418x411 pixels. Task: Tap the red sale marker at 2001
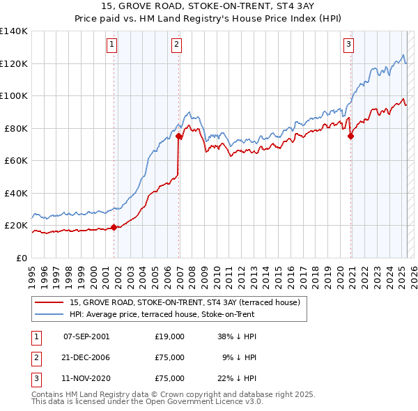(114, 227)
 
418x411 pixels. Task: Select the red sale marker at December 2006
(179, 137)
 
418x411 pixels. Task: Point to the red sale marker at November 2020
(350, 137)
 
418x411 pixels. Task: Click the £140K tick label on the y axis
(13, 31)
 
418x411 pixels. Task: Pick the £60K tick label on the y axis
(15, 161)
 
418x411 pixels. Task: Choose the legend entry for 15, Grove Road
(185, 302)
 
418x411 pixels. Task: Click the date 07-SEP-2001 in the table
(86, 336)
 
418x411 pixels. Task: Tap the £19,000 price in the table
(170, 336)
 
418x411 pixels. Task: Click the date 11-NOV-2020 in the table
(86, 378)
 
